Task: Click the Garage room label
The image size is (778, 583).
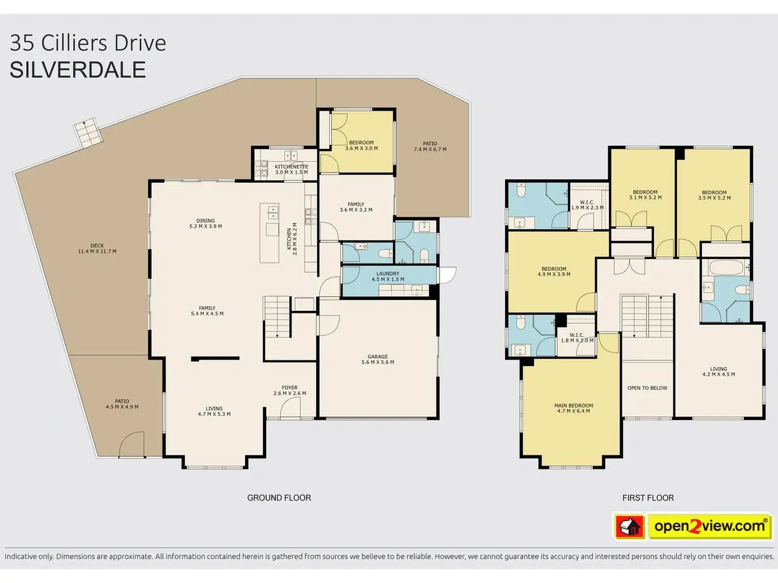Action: [x=377, y=360]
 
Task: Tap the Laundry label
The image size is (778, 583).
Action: [x=388, y=276]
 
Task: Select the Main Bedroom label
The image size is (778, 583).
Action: [x=574, y=408]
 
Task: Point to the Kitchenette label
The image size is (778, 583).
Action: [x=291, y=169]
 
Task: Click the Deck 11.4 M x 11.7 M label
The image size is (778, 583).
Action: [x=97, y=248]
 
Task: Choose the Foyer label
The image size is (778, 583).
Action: [x=289, y=390]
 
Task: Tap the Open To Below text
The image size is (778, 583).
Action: [x=647, y=388]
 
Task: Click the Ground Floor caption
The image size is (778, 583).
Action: [x=279, y=498]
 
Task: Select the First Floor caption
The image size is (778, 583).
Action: [x=648, y=498]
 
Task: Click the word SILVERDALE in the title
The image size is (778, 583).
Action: [x=78, y=69]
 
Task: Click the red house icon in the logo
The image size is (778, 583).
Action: [x=630, y=527]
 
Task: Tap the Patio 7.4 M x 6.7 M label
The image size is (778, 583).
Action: [x=430, y=146]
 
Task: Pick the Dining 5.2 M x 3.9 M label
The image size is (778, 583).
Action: [x=205, y=223]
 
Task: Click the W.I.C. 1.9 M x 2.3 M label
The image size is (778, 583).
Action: [x=587, y=205]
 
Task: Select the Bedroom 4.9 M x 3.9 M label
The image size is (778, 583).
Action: [x=554, y=271]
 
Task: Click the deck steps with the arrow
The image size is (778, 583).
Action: [x=88, y=133]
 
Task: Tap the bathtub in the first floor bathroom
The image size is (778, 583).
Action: [x=726, y=268]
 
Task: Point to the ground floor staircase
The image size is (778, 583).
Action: [x=277, y=317]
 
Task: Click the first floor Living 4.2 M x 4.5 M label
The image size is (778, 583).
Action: [x=718, y=371]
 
